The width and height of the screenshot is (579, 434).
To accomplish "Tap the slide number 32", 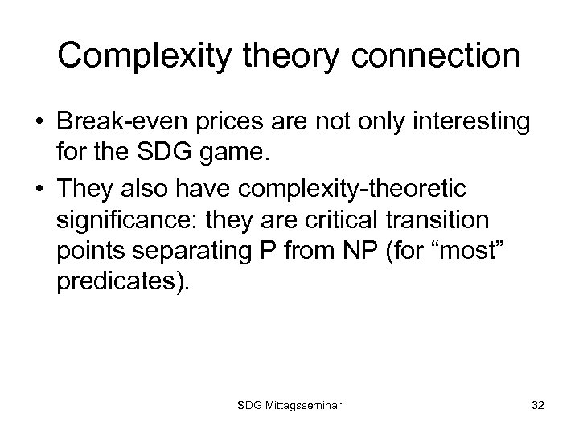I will click(536, 407).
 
